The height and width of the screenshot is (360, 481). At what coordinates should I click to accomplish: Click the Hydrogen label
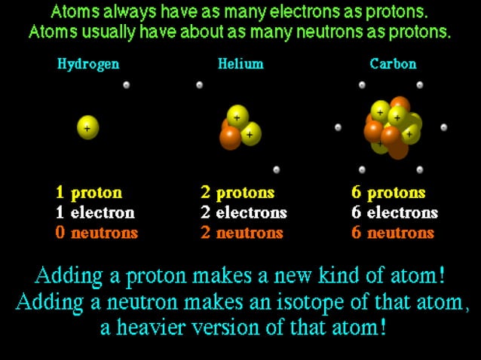[87, 64]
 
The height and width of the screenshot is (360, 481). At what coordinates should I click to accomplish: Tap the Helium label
[240, 64]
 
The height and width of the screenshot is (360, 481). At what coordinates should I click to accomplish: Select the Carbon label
[393, 64]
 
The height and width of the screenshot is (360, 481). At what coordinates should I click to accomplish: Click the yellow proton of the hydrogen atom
[87, 127]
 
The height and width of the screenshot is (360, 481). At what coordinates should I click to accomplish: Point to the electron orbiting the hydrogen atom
[126, 85]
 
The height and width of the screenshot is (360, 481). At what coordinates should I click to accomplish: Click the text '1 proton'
[88, 193]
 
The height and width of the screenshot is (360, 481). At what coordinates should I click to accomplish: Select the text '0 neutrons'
[97, 233]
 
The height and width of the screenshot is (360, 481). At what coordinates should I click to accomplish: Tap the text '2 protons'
[237, 193]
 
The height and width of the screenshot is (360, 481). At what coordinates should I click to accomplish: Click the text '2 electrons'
[244, 212]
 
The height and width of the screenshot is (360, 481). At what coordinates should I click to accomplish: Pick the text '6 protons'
[388, 193]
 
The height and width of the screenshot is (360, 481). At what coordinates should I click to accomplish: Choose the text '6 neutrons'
[393, 233]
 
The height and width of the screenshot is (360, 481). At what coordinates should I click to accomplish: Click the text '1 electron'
[94, 212]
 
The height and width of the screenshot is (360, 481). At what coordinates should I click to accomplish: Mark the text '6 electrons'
[394, 212]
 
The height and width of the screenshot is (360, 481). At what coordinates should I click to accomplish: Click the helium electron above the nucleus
[199, 85]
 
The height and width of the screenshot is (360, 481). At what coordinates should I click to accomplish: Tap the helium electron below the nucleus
[277, 169]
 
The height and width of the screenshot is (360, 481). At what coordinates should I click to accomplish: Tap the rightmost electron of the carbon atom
[444, 127]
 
